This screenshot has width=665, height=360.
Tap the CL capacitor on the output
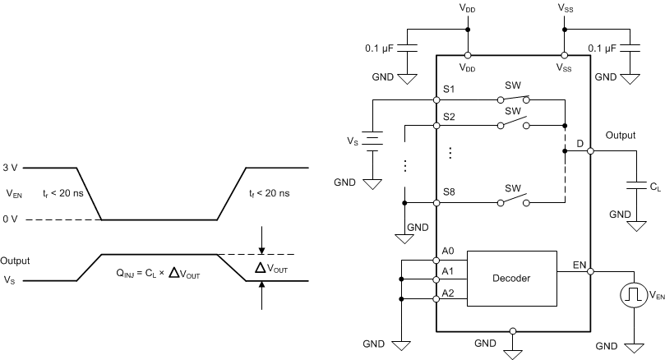point(633,185)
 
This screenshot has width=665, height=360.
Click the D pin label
point(580,144)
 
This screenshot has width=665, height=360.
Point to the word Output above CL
point(621,134)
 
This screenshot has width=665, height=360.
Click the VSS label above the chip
point(566,7)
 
